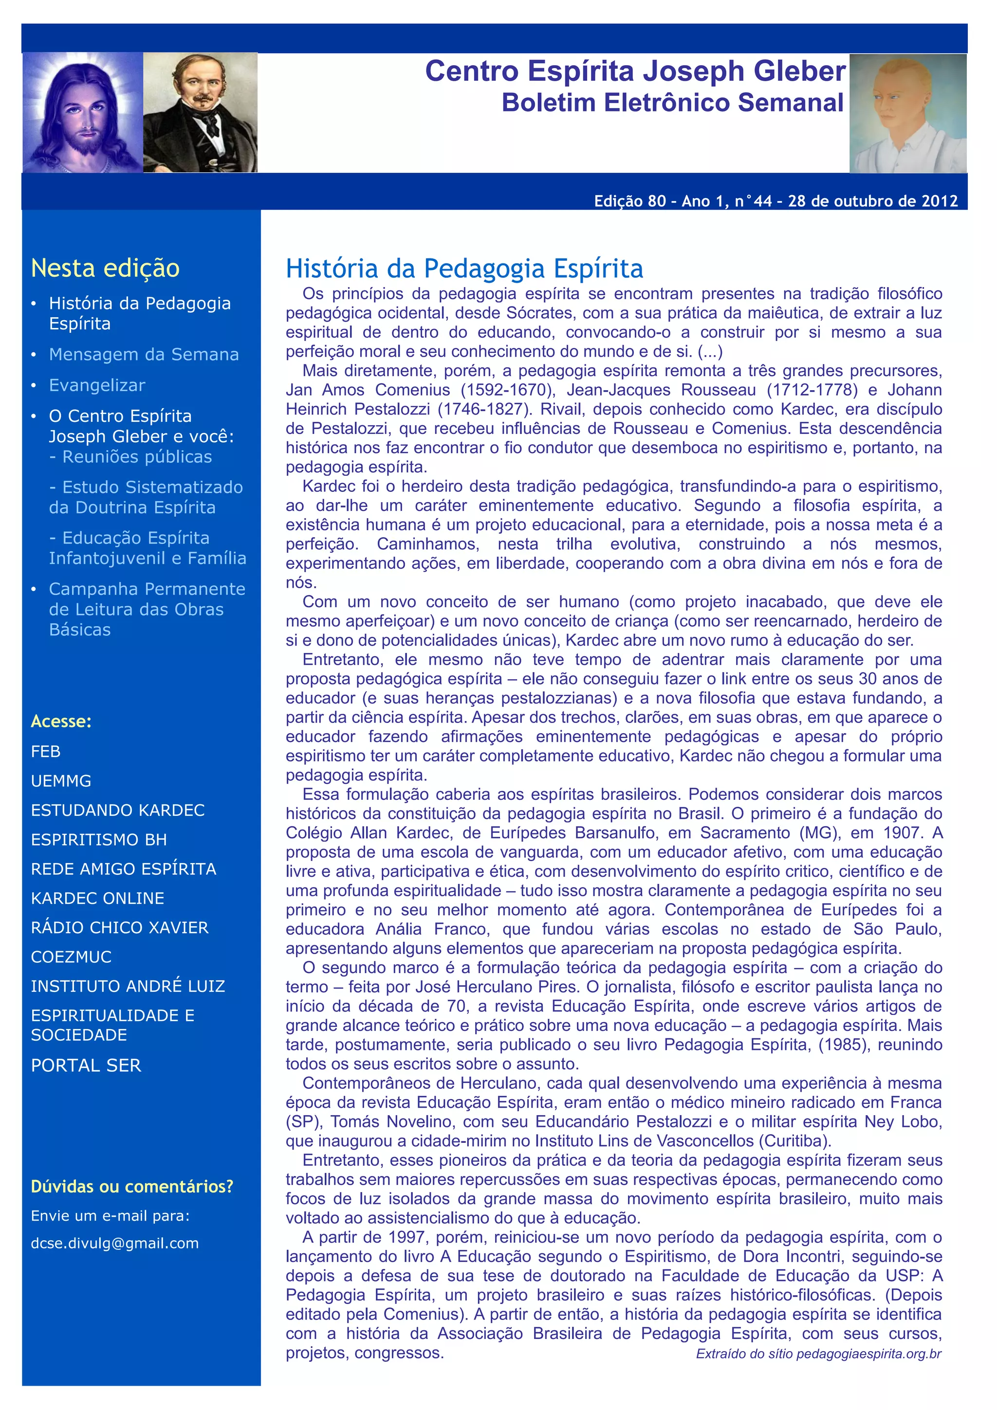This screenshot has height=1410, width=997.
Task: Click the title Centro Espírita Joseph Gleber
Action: tap(635, 71)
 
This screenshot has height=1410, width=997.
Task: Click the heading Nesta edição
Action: tap(105, 269)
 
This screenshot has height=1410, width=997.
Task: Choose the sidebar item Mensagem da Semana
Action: tap(144, 354)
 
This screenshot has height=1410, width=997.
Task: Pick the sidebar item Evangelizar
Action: tap(97, 385)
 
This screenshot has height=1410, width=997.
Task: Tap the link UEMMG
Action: tap(61, 781)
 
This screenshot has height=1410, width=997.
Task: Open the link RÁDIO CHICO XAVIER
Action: tap(120, 927)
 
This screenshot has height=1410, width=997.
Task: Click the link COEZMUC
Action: tap(71, 957)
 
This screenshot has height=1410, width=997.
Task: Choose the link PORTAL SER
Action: tap(86, 1066)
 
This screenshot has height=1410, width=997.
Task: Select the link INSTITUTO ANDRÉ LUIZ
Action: tap(128, 986)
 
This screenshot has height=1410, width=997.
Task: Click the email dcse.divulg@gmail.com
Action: tap(115, 1244)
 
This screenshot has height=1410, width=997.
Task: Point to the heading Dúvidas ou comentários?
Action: tap(132, 1187)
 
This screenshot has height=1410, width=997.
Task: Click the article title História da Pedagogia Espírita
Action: tap(464, 269)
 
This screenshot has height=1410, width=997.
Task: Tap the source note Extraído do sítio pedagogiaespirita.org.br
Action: tap(818, 1354)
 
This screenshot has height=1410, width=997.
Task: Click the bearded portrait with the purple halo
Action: tap(83, 112)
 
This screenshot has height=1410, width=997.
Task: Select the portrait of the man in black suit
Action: tap(200, 112)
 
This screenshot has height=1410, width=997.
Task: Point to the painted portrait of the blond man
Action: tap(907, 114)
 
